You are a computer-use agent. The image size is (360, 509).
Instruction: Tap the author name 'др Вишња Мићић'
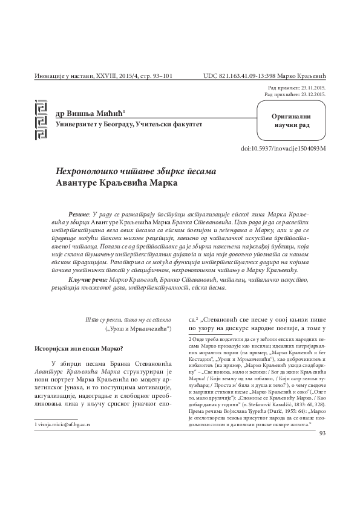click(x=90, y=113)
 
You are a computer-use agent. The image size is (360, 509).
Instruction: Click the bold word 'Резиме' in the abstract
click(x=79, y=214)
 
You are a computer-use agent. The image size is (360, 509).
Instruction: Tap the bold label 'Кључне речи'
click(x=87, y=280)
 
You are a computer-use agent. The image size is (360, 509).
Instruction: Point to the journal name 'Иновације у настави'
click(x=59, y=77)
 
